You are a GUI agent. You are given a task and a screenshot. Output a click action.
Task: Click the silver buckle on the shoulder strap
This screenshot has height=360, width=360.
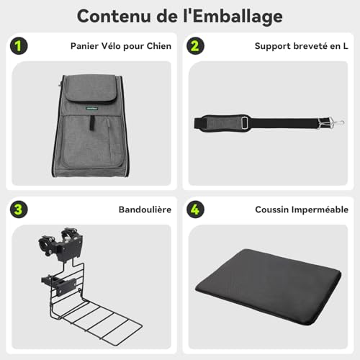coord(246,122)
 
